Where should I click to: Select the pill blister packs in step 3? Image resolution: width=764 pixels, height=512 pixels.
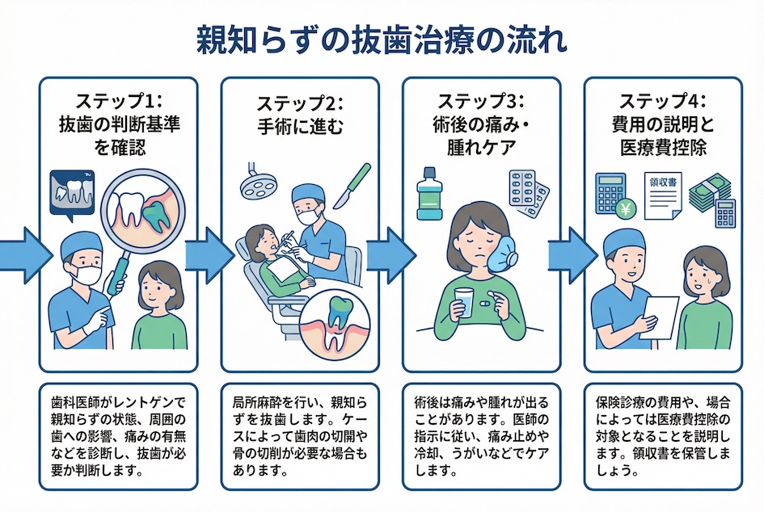[529, 192]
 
